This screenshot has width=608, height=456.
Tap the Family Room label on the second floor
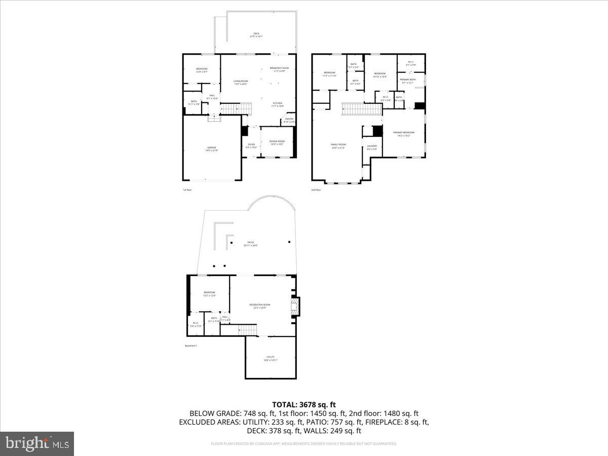point(338,146)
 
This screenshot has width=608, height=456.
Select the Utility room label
point(270,358)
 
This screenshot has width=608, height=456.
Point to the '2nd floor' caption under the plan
point(316,190)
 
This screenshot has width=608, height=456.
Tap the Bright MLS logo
point(36,443)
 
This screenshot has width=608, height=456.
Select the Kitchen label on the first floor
point(278,104)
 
